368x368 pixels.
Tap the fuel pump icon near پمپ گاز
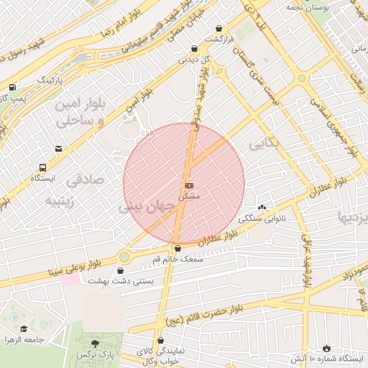click(11, 86)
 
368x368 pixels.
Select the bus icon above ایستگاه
click(37, 165)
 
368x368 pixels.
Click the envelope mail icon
click(58, 149)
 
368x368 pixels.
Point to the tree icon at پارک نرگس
click(96, 343)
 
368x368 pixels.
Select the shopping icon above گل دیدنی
click(193, 48)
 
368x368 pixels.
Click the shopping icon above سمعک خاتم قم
click(178, 248)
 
